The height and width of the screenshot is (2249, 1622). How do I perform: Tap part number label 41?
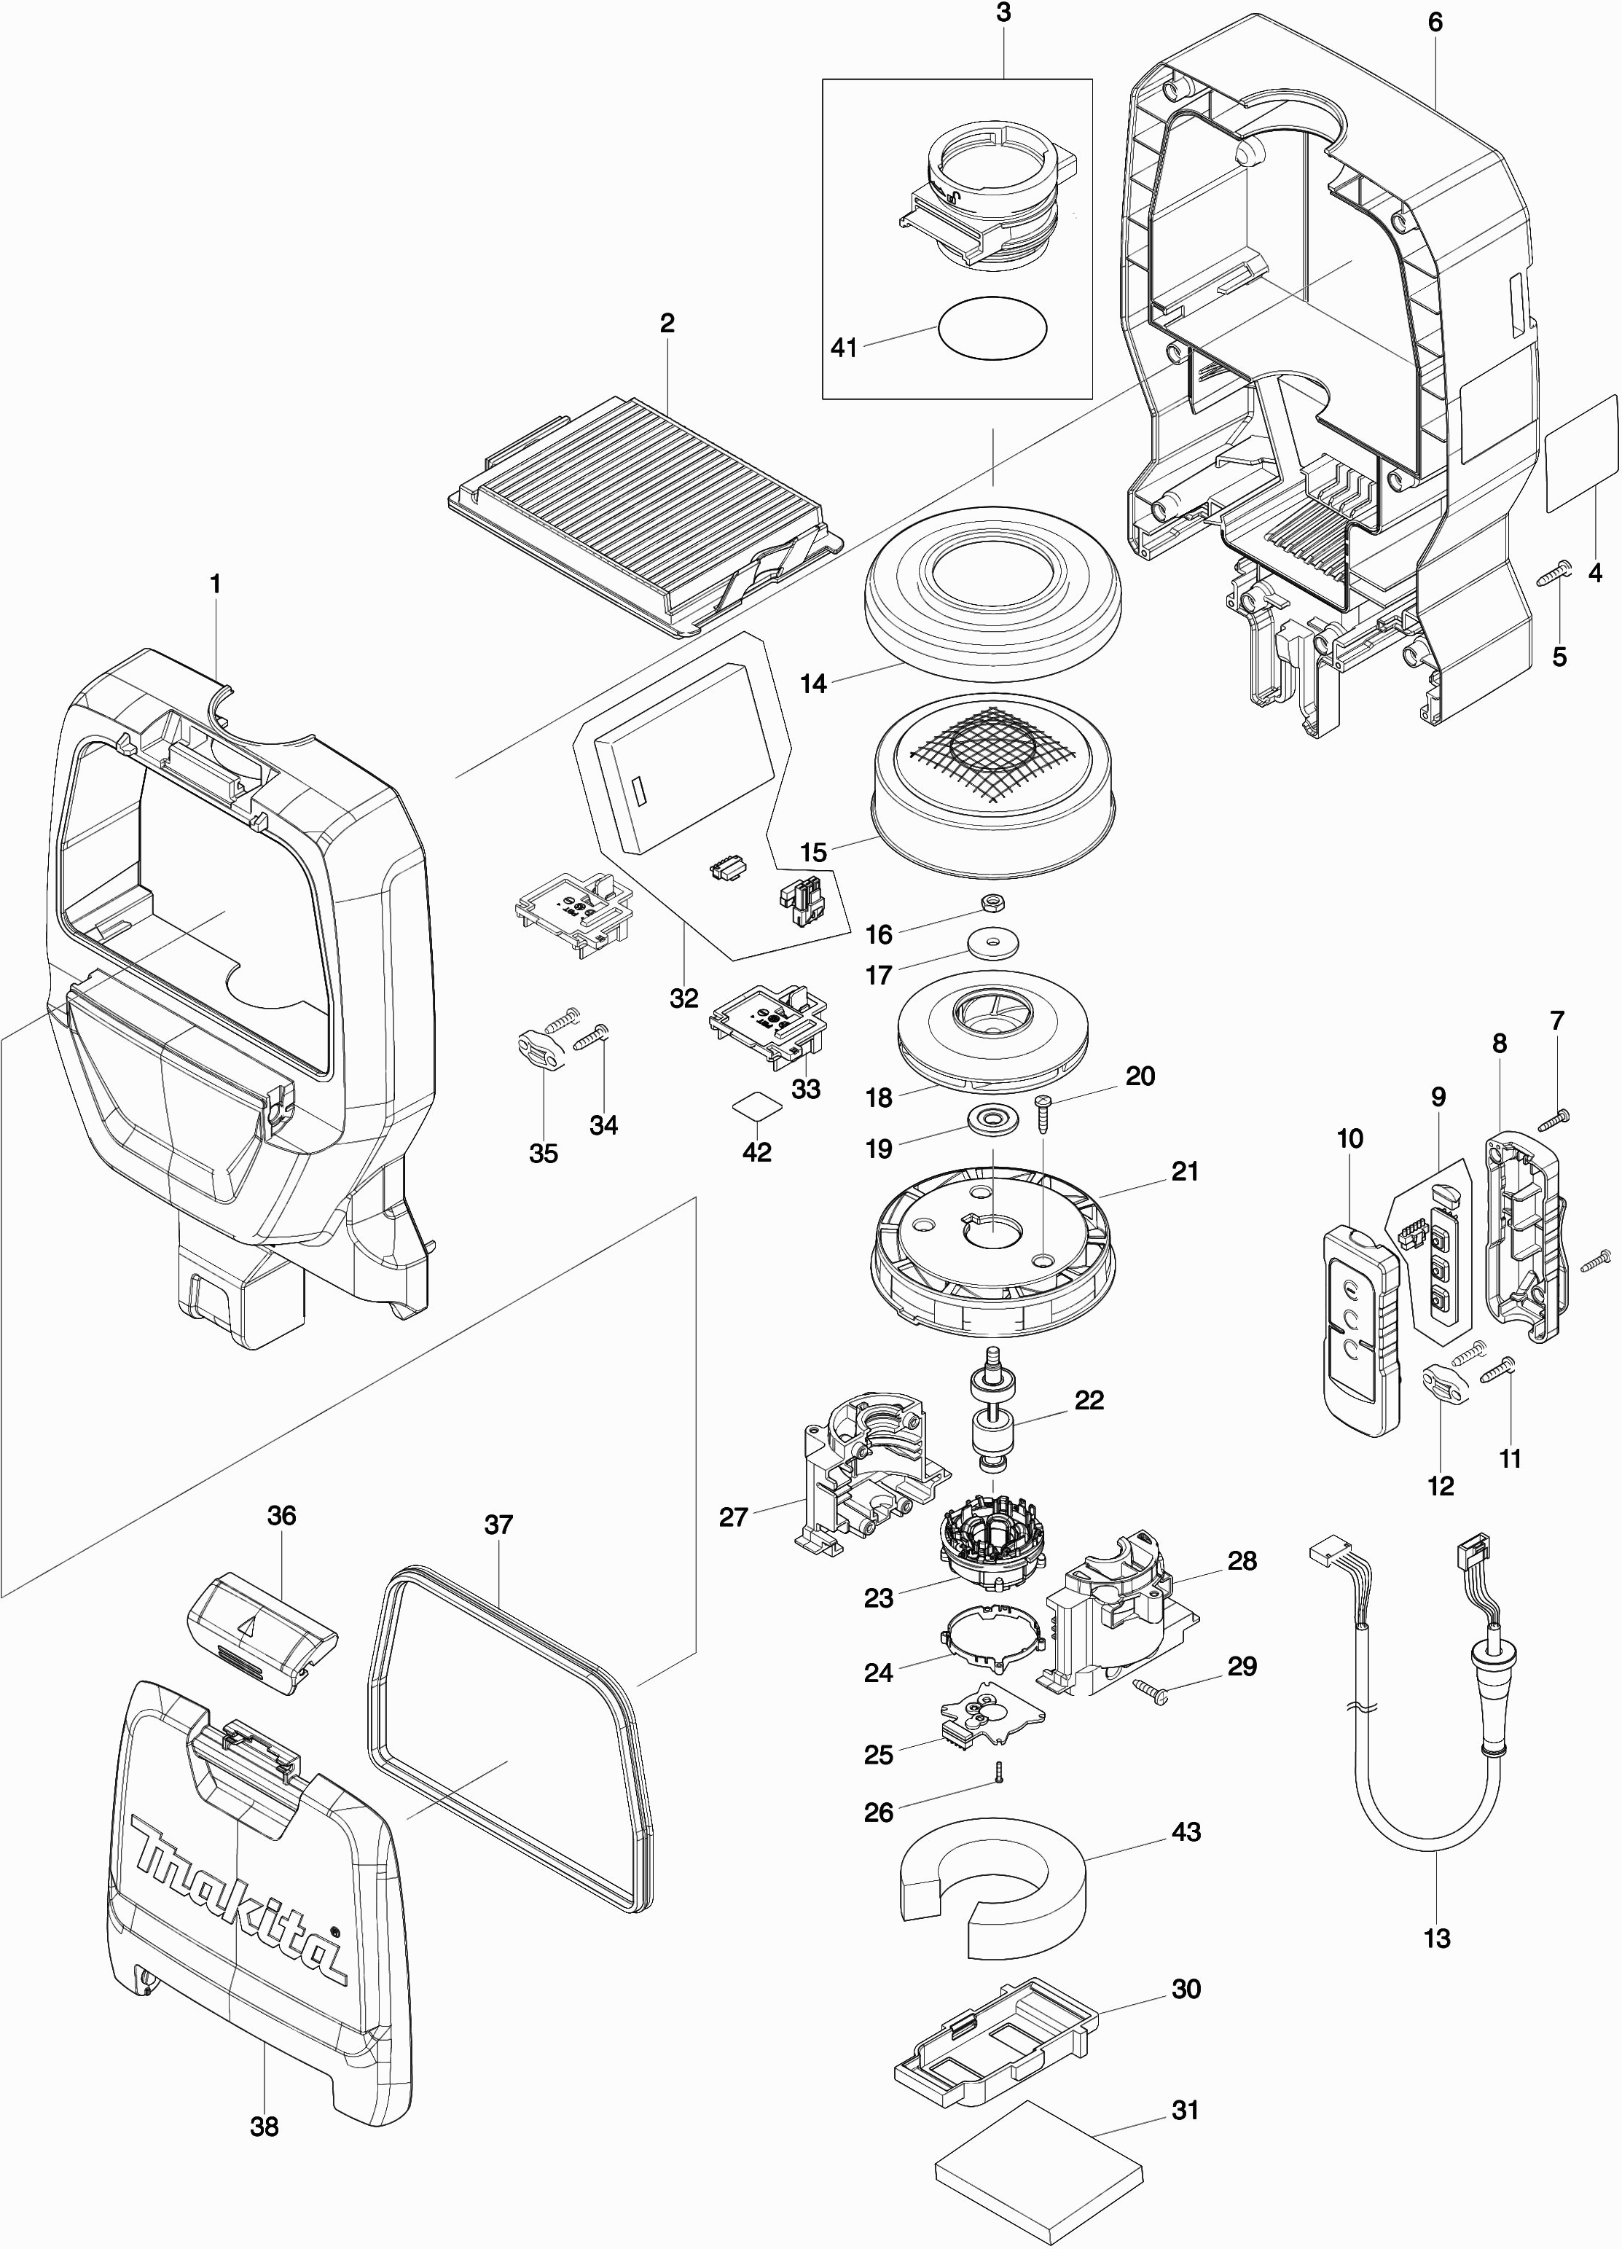(844, 348)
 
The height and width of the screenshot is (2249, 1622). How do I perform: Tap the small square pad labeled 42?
(756, 1106)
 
